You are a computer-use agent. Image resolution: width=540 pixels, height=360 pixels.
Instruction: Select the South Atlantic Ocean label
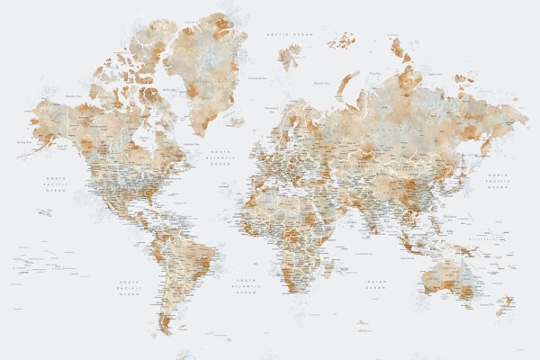pyautogui.click(x=245, y=286)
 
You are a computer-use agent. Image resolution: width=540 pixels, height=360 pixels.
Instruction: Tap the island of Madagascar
pyautogui.click(x=329, y=267)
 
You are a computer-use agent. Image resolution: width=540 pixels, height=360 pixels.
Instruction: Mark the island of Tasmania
pyautogui.click(x=467, y=311)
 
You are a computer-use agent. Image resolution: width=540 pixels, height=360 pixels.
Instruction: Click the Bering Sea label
pyautogui.click(x=20, y=141)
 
